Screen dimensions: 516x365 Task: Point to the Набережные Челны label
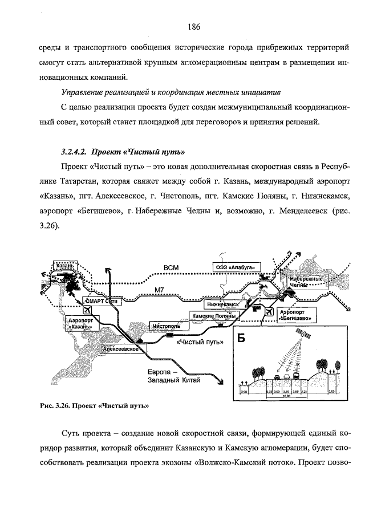pos(305,282)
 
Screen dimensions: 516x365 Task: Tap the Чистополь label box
pos(166,326)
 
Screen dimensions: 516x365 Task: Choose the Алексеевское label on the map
pos(121,348)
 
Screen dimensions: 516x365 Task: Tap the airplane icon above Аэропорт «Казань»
pos(87,310)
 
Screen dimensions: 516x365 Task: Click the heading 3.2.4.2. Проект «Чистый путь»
pos(123,152)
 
